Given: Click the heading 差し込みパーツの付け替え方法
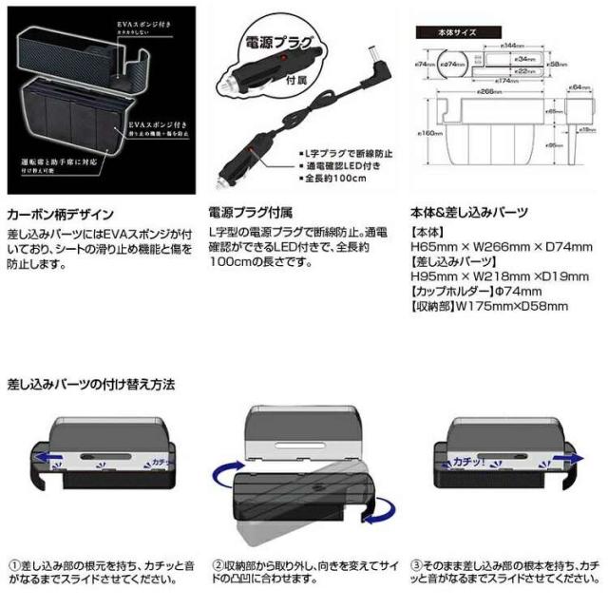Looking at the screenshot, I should [x=91, y=385].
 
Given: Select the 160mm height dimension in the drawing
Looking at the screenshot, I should [x=429, y=133].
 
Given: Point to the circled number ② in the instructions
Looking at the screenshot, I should [x=218, y=562].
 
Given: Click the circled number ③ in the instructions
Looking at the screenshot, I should [x=416, y=562].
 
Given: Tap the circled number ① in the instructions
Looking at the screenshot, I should [x=13, y=562].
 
